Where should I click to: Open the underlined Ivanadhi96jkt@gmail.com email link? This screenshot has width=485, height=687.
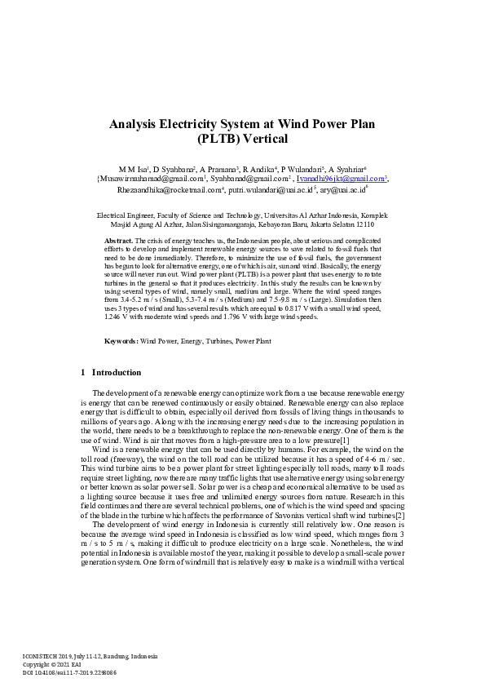[340, 178]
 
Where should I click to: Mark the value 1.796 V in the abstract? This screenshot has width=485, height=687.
[217, 317]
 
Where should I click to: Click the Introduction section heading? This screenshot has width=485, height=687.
[116, 373]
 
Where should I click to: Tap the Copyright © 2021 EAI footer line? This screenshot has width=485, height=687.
[51, 663]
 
